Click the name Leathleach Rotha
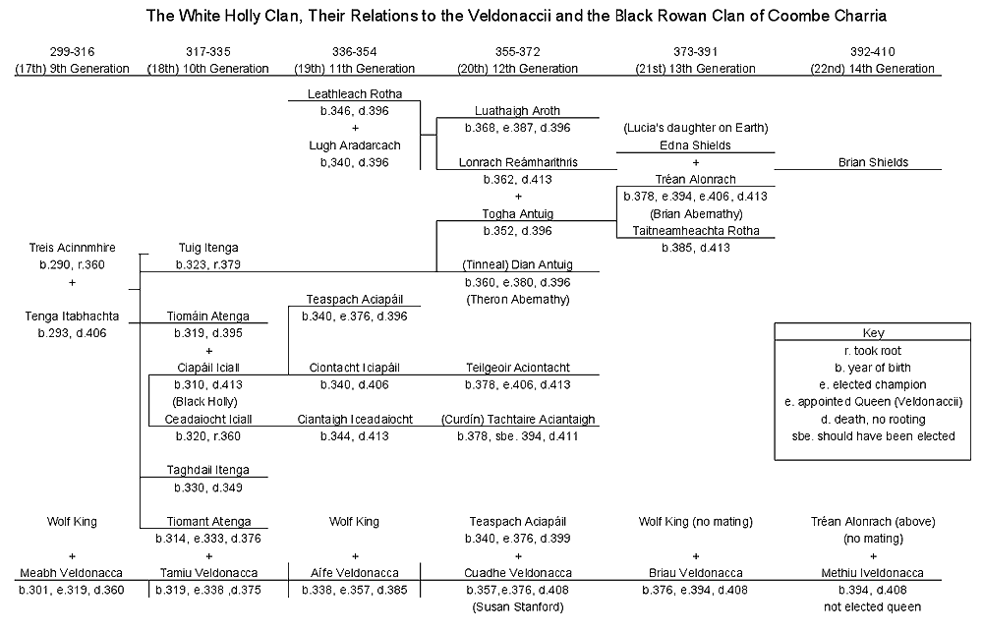click(x=355, y=93)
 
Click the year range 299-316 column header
click(x=72, y=50)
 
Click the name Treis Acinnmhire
click(x=72, y=248)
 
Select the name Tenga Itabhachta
click(x=72, y=316)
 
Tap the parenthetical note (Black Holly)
click(x=205, y=401)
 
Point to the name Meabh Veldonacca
click(x=72, y=573)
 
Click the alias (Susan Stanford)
click(x=517, y=606)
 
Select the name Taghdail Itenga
click(x=207, y=470)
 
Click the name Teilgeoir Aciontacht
click(x=517, y=368)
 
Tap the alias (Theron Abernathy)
click(x=517, y=299)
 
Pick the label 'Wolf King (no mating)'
click(x=695, y=521)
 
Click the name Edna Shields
click(x=695, y=144)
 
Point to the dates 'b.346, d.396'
click(x=355, y=111)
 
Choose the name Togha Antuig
click(x=517, y=213)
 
